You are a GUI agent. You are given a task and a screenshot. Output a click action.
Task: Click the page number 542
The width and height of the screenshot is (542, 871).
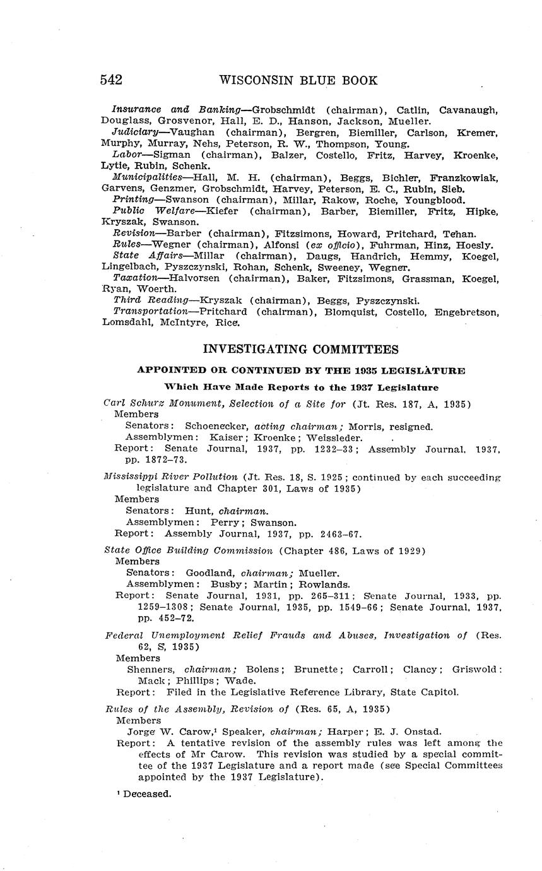[x=110, y=80]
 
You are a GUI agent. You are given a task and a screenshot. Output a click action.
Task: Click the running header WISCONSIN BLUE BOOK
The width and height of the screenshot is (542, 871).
[x=298, y=80]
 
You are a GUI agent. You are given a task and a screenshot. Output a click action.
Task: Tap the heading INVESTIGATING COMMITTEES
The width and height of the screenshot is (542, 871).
[x=300, y=349]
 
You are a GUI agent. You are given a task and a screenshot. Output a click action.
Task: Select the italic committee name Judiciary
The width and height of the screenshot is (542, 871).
[x=135, y=133]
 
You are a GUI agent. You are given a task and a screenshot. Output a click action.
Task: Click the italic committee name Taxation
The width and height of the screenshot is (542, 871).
[x=135, y=278]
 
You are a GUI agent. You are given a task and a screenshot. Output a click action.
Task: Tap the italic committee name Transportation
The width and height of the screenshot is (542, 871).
[x=150, y=312]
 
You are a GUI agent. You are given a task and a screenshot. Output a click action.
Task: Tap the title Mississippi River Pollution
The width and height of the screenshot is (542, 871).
[x=170, y=477]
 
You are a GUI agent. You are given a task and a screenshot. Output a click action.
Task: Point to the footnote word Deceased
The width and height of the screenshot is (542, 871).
[x=147, y=793]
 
